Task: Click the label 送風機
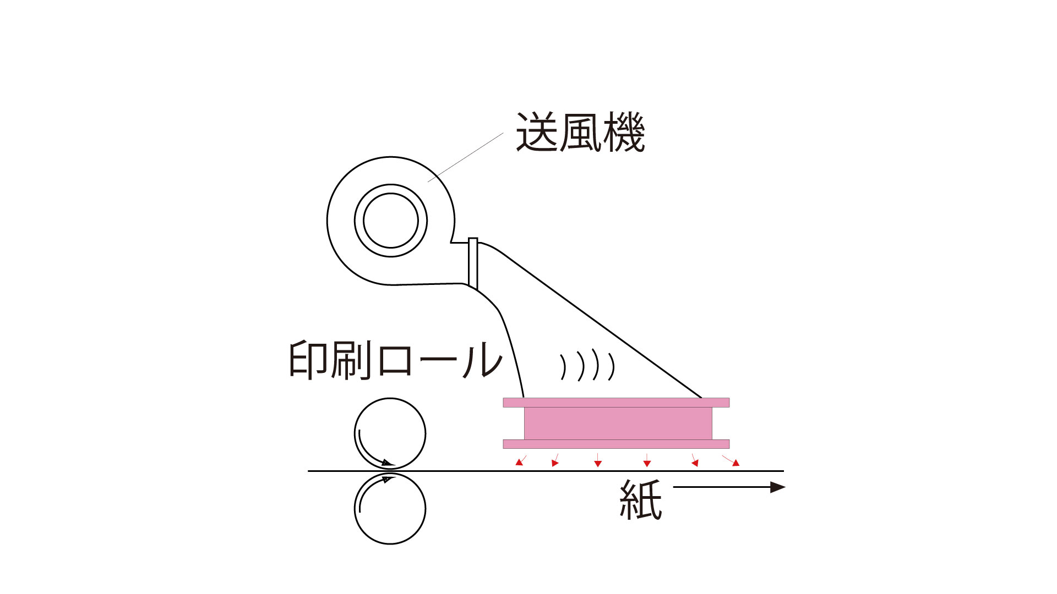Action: (580, 133)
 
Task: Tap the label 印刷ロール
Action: (395, 360)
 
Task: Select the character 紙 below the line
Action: (640, 499)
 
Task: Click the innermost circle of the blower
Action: (391, 220)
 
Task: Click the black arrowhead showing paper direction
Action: (777, 487)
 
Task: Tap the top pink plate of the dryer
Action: (616, 403)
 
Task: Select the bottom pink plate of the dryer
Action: (616, 444)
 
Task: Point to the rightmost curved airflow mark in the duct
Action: (612, 366)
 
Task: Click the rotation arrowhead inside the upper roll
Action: (388, 463)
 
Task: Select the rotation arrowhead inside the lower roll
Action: (386, 480)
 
